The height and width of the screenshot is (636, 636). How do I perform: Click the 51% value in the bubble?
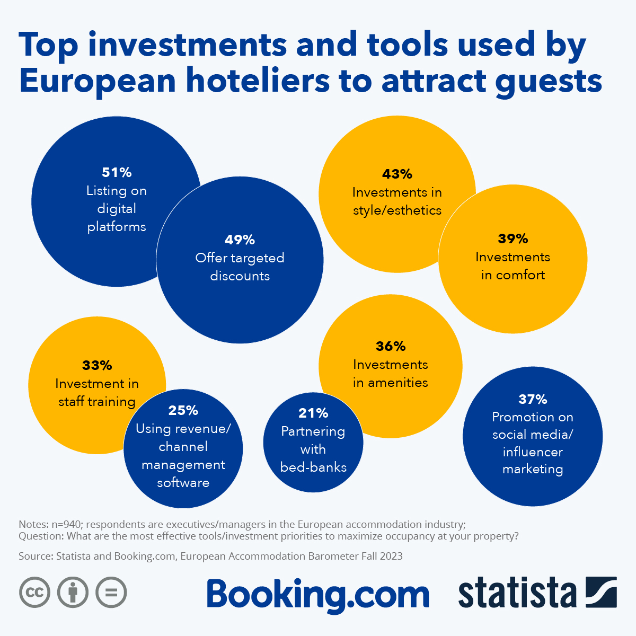[117, 172]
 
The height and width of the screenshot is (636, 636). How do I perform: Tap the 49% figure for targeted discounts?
[240, 240]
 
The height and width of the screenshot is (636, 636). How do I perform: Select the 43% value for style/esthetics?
[397, 174]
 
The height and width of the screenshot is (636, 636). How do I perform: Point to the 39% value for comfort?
[513, 238]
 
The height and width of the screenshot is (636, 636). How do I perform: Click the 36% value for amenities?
[391, 346]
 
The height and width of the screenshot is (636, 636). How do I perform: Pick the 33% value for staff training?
[97, 365]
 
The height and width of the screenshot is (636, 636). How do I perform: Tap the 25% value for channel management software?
[183, 410]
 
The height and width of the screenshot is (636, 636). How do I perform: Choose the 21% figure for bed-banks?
[313, 413]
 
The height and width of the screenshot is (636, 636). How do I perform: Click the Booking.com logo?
[318, 595]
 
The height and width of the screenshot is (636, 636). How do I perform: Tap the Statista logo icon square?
[601, 592]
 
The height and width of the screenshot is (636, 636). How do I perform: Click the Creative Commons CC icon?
[35, 592]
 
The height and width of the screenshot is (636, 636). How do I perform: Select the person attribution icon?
[73, 592]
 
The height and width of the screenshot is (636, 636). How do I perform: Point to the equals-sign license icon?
[111, 592]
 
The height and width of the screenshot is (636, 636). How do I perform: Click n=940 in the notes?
[66, 524]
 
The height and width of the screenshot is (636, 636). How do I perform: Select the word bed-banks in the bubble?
[313, 467]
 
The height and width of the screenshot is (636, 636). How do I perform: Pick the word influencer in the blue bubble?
[533, 452]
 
